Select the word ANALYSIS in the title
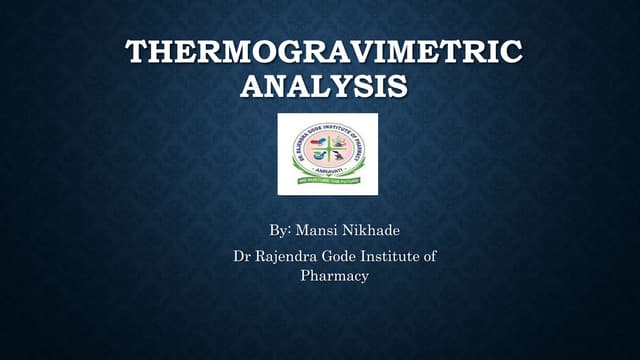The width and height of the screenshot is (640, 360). [x=323, y=87]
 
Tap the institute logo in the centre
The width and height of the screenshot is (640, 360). [x=327, y=154]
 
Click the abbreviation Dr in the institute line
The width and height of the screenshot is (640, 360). [x=241, y=257]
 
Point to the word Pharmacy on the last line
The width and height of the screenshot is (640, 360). [x=335, y=275]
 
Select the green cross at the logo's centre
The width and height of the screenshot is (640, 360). [x=327, y=151]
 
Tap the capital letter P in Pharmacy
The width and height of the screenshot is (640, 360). [x=306, y=275]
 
